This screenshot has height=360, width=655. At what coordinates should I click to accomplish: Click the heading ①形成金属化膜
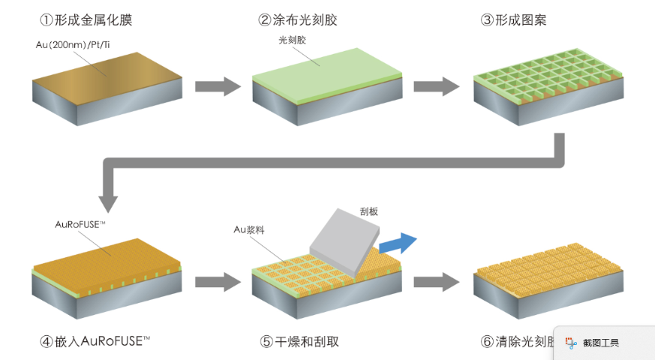[85, 20]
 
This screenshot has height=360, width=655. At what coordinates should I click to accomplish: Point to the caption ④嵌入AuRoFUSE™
[95, 341]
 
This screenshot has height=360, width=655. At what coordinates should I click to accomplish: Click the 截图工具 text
[601, 343]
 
